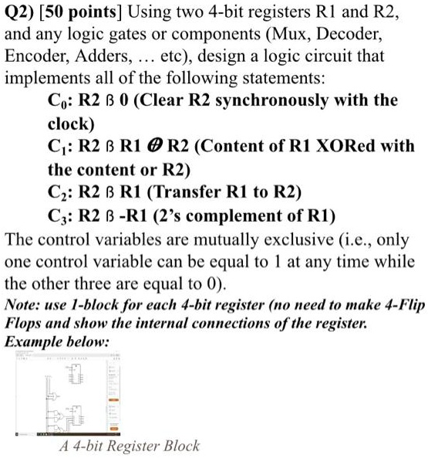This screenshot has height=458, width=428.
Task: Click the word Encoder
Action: point(35,57)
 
